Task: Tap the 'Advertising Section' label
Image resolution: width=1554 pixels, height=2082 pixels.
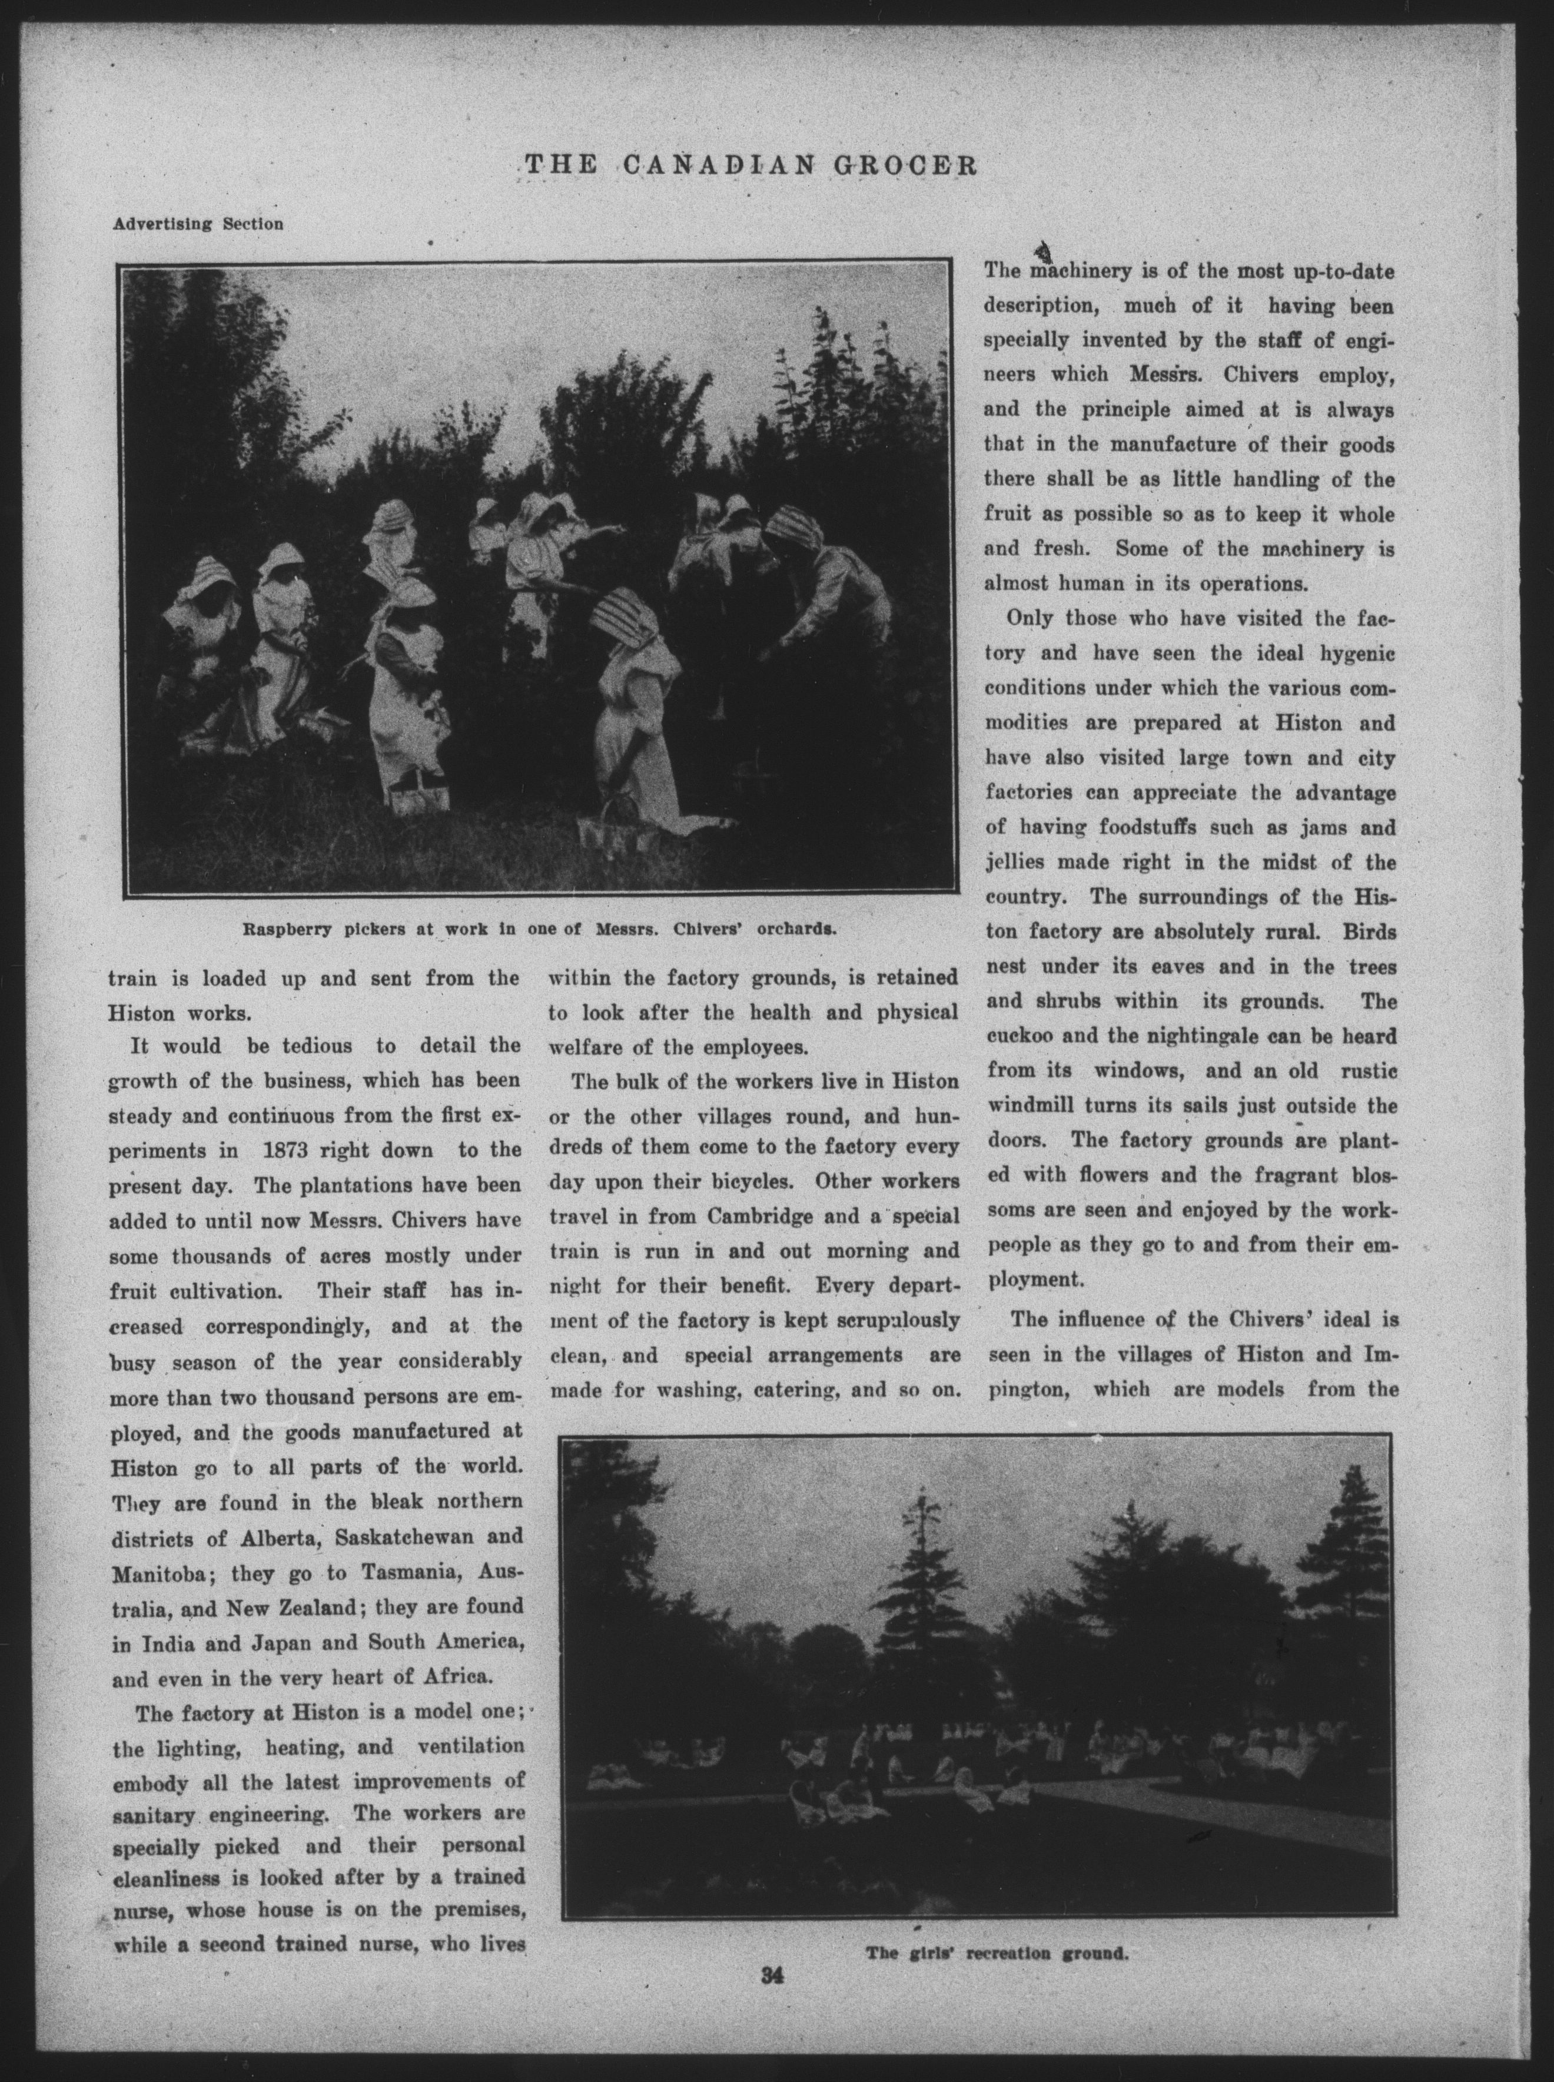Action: (198, 224)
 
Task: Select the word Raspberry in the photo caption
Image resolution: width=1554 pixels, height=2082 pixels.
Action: (284, 930)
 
